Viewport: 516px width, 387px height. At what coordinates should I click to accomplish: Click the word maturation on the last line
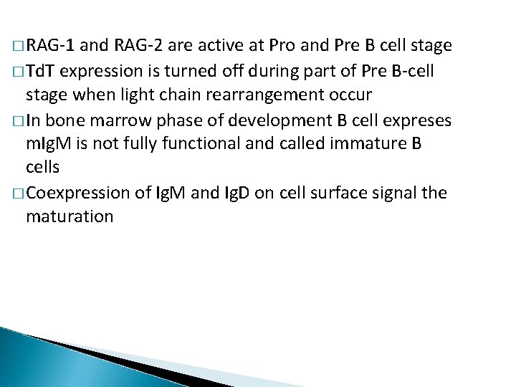point(70,216)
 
